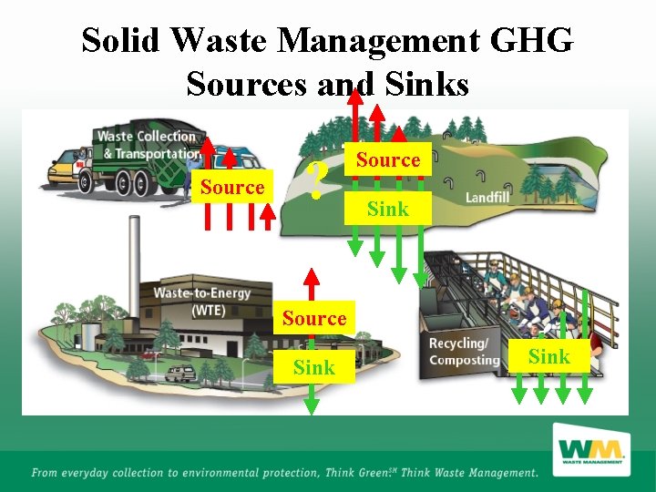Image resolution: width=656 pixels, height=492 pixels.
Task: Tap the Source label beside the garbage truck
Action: [x=232, y=187]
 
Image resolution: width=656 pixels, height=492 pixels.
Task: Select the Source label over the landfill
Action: [x=388, y=159]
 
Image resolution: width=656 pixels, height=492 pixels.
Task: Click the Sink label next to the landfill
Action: [x=387, y=209]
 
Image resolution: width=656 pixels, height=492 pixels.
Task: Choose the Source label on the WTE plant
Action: [x=313, y=318]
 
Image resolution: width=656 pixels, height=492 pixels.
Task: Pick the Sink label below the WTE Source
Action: [x=313, y=367]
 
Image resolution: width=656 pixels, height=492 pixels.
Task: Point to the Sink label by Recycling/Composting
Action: [x=549, y=356]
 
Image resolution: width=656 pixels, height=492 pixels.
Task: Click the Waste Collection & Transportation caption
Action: [x=148, y=145]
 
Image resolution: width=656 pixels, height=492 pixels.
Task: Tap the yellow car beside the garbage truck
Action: [x=64, y=170]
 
